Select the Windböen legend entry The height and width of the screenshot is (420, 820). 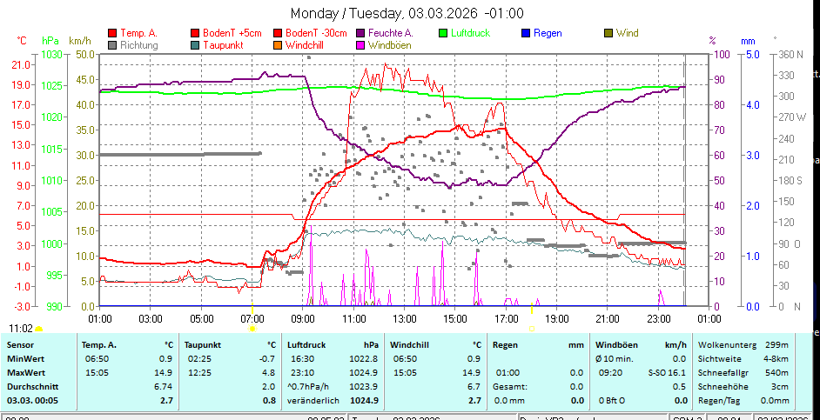[384, 44]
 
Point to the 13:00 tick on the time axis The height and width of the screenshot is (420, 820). [404, 319]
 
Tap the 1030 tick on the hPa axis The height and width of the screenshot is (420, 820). [51, 54]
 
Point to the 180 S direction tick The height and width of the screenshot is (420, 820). [790, 180]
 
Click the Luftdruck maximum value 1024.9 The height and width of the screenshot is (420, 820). [365, 372]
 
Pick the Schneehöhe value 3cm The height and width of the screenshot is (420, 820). [781, 386]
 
